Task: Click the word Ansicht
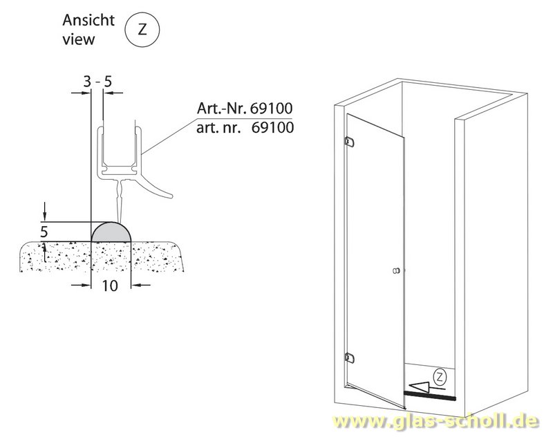(x=88, y=21)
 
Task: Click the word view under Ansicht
(x=79, y=39)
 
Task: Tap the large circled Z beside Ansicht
(x=142, y=30)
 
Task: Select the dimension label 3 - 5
(x=97, y=82)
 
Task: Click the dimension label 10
(x=110, y=286)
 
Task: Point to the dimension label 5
(x=44, y=232)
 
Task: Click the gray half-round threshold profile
(x=111, y=233)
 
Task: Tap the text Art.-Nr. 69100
(x=245, y=109)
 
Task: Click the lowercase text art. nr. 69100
(x=245, y=128)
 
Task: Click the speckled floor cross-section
(x=102, y=257)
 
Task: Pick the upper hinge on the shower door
(x=350, y=142)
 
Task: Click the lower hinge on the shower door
(x=350, y=357)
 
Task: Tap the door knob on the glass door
(x=396, y=271)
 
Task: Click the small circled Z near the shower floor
(x=440, y=377)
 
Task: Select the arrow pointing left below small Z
(x=425, y=388)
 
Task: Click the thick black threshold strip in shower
(x=429, y=396)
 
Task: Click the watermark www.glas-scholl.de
(x=436, y=421)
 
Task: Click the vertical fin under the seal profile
(x=120, y=201)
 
